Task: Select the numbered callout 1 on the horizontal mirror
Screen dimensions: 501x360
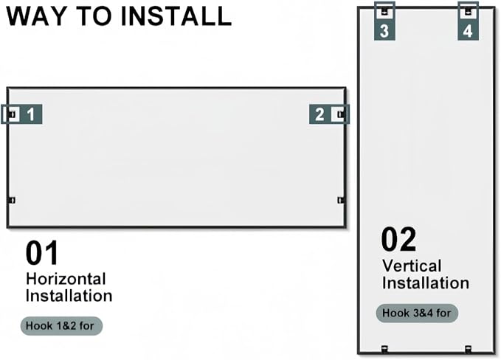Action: (x=31, y=114)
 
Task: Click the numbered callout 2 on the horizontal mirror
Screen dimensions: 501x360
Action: (x=319, y=114)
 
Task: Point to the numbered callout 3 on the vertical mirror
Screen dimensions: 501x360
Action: (x=384, y=31)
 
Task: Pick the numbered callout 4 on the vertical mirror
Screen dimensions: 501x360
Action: (x=468, y=31)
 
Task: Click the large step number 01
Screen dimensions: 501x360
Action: (x=42, y=253)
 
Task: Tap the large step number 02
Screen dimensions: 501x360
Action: (x=398, y=239)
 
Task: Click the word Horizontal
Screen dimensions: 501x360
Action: (x=66, y=279)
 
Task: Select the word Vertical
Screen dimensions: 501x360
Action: (x=412, y=266)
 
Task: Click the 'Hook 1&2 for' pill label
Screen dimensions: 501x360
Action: (x=61, y=326)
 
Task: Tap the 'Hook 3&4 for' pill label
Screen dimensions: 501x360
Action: (x=417, y=313)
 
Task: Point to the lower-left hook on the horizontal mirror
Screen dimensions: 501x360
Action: (x=12, y=200)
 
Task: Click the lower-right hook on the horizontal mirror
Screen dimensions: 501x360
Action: (x=341, y=200)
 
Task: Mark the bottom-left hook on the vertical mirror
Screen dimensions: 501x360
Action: (x=384, y=349)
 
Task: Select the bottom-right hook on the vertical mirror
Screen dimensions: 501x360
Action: (x=468, y=349)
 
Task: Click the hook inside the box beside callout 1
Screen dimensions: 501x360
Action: (x=12, y=114)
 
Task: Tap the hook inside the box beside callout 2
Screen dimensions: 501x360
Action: (x=341, y=114)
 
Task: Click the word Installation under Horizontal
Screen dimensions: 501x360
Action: (x=69, y=296)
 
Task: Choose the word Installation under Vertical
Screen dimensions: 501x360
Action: (x=426, y=283)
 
